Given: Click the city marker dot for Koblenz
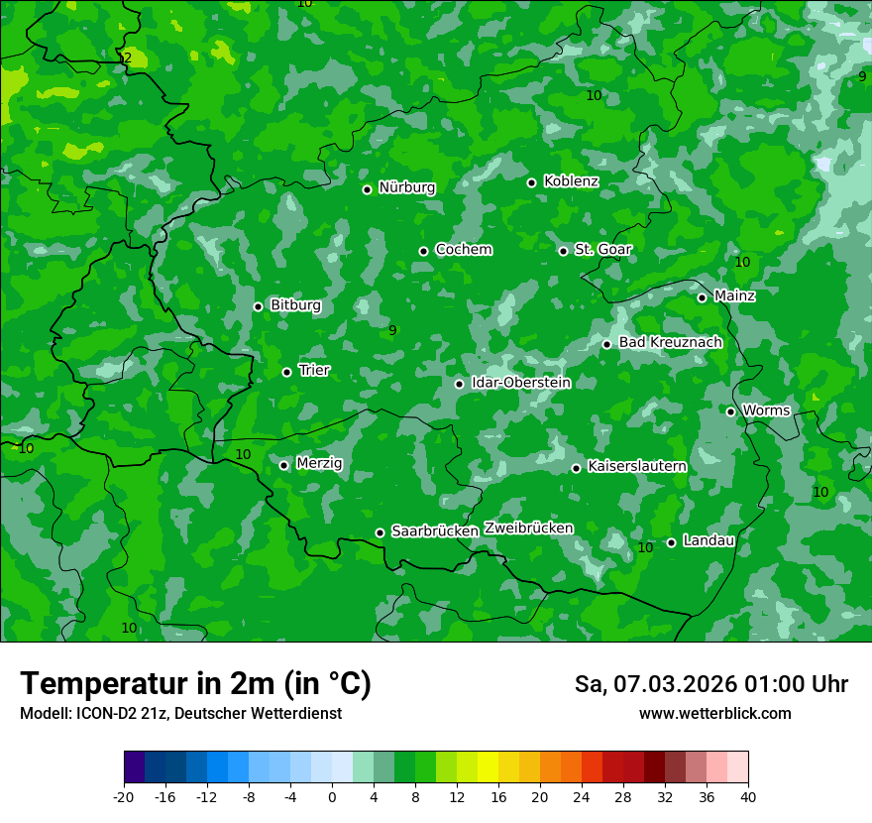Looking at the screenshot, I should tap(532, 182).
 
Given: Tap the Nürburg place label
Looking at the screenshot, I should tap(406, 187).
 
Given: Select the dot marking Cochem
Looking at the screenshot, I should tap(424, 251).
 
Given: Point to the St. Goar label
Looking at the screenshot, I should tap(602, 249).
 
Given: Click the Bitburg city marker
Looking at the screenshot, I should tap(259, 306).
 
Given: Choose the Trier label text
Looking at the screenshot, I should tap(314, 370).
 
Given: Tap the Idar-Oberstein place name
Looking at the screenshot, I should tap(521, 383).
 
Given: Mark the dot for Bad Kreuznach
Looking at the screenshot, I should tap(607, 344).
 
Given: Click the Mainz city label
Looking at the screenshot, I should tap(734, 295).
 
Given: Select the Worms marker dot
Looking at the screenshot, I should tap(731, 411).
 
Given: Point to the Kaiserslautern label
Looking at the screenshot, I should tap(637, 466).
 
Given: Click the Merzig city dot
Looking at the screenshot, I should tap(284, 465).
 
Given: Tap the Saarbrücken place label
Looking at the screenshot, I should tap(435, 531).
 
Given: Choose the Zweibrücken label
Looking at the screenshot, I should tap(529, 529).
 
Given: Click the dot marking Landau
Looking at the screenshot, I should tap(672, 542).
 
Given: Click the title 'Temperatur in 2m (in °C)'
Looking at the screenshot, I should tap(195, 684).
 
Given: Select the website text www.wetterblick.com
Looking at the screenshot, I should tap(714, 714).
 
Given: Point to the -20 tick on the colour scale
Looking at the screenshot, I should tap(124, 796).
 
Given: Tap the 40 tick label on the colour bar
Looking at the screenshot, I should tap(748, 796).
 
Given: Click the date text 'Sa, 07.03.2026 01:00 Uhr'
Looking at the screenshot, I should tap(710, 684).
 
